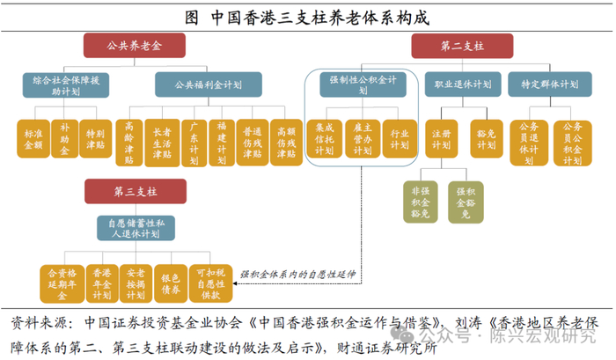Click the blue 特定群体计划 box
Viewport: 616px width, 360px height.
(549, 84)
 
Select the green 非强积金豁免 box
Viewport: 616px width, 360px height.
(420, 202)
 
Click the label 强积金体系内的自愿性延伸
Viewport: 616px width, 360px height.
(299, 275)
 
